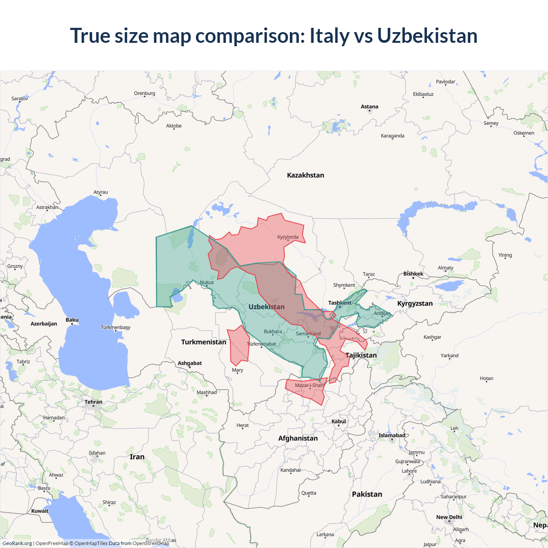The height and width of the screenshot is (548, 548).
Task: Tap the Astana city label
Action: (369, 107)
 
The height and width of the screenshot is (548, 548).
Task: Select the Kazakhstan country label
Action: (305, 175)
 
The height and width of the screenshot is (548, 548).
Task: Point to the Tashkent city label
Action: (340, 303)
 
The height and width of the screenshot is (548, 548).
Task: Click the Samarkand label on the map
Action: (308, 334)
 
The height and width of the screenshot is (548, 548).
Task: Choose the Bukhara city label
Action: (273, 331)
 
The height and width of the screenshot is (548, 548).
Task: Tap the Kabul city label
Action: (339, 421)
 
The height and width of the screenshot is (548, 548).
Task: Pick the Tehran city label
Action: (93, 402)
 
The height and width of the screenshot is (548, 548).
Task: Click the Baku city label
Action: (72, 320)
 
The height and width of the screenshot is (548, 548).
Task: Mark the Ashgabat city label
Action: (190, 363)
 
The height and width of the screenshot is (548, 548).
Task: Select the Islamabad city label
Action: (392, 435)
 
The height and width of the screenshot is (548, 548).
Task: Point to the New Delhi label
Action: (449, 517)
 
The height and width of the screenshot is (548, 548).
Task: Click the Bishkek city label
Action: (413, 274)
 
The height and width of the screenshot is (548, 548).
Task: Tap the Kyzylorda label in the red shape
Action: (288, 237)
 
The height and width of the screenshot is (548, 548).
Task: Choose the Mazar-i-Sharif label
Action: (310, 385)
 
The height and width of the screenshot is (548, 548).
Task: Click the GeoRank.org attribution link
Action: (17, 543)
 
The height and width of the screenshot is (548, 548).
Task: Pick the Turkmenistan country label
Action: (203, 342)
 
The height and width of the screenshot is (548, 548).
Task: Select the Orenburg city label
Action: (144, 93)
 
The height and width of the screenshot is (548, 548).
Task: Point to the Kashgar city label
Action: (432, 337)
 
